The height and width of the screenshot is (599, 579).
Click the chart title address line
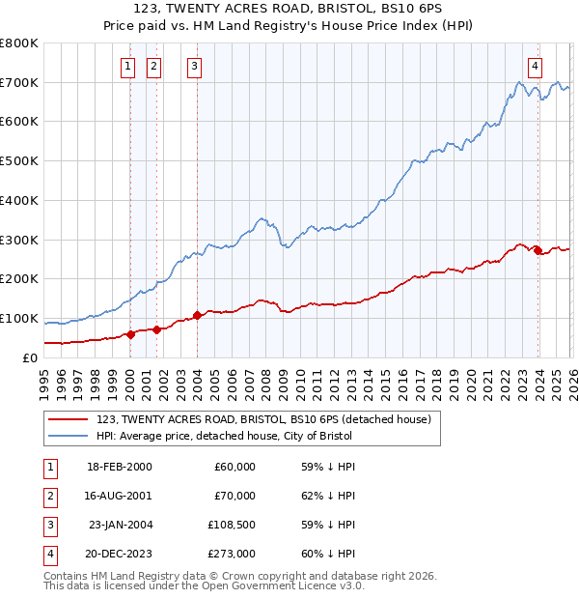coord(289,8)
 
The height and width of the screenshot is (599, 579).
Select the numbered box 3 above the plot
coord(194,67)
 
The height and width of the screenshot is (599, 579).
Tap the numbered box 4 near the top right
coord(534,67)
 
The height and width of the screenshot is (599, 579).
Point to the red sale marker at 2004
coord(197,315)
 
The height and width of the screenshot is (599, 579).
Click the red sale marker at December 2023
coord(538,250)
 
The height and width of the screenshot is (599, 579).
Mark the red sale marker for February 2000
coord(130,334)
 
